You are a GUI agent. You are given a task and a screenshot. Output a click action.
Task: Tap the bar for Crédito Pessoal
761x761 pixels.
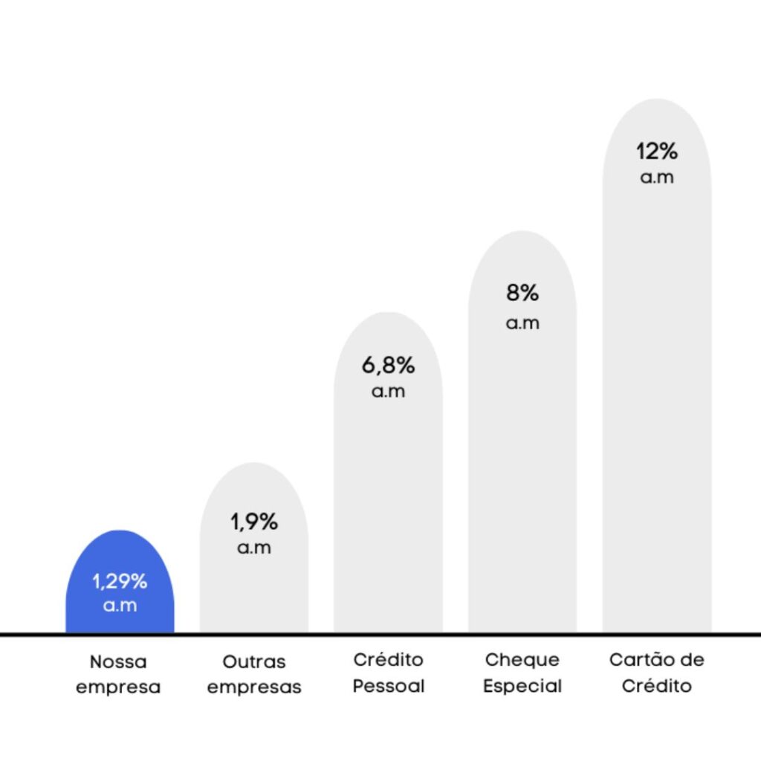tap(388, 505)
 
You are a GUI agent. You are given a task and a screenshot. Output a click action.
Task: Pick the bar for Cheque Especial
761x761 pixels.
tap(522, 461)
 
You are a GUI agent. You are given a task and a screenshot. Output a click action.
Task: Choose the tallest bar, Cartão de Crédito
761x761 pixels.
tap(656, 386)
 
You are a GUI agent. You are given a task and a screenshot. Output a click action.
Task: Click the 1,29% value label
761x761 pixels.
tap(120, 581)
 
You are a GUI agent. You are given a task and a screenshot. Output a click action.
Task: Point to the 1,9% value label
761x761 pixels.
tap(254, 522)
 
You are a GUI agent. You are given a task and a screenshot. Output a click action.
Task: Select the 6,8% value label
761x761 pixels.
tap(388, 366)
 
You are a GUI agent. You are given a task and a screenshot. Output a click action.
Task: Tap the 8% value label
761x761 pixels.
tap(522, 293)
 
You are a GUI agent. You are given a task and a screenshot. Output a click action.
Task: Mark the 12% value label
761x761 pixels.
tap(657, 152)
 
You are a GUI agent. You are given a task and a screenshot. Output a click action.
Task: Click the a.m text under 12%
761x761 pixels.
tap(657, 178)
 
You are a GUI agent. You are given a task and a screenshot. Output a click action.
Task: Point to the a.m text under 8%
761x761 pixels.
tap(522, 323)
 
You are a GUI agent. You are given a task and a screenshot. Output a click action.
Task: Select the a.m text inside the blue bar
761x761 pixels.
tap(120, 606)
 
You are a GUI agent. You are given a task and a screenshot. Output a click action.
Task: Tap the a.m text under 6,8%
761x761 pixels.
tap(388, 392)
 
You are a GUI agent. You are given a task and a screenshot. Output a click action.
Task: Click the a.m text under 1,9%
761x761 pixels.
tap(254, 548)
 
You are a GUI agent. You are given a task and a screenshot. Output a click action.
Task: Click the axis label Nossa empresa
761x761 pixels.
tap(118, 674)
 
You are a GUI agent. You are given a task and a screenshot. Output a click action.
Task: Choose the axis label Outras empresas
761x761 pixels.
tap(254, 674)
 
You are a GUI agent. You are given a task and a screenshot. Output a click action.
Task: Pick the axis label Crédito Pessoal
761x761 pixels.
tap(388, 673)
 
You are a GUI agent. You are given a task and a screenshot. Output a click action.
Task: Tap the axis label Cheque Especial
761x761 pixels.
tap(522, 673)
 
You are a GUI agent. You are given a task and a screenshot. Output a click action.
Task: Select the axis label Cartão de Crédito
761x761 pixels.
tap(656, 673)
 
